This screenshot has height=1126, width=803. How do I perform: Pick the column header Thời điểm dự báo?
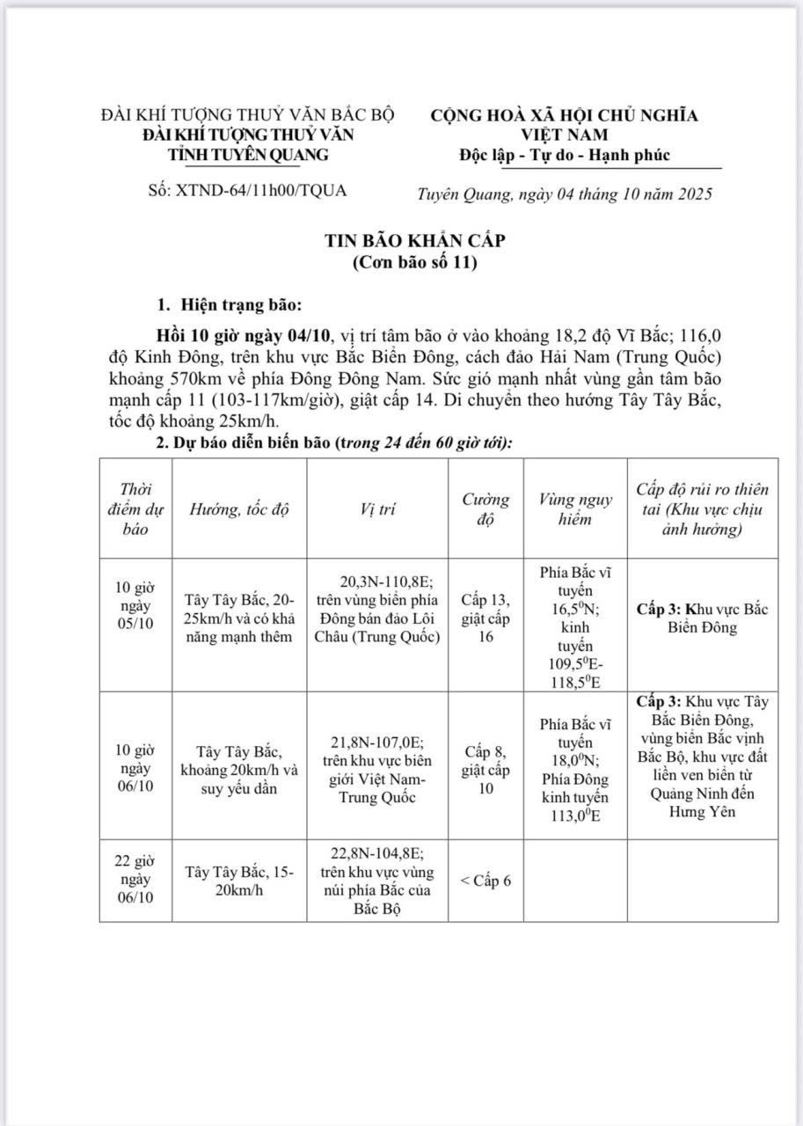pos(135,509)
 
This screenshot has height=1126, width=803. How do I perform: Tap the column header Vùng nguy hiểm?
pos(575,509)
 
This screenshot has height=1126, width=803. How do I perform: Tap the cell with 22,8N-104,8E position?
pos(378,881)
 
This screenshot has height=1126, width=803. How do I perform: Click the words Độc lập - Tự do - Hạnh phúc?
pos(564,156)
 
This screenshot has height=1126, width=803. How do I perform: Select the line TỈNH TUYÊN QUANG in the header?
pos(249,155)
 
